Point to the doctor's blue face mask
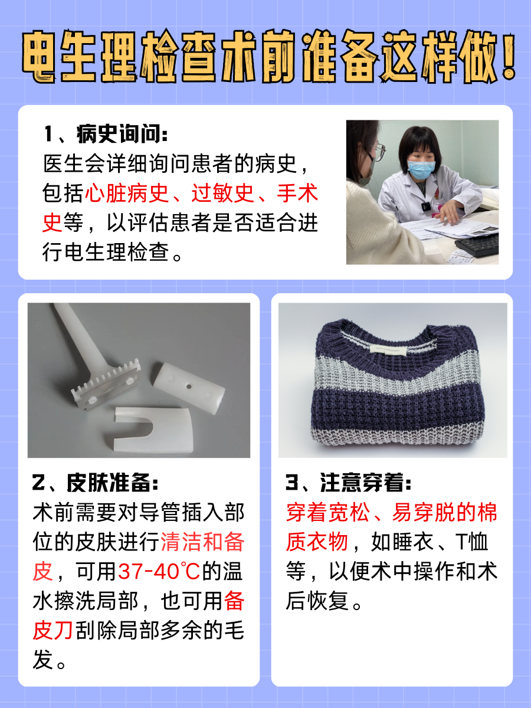pos(419,169)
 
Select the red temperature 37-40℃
pos(159,571)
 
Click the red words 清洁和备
pos(202,542)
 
